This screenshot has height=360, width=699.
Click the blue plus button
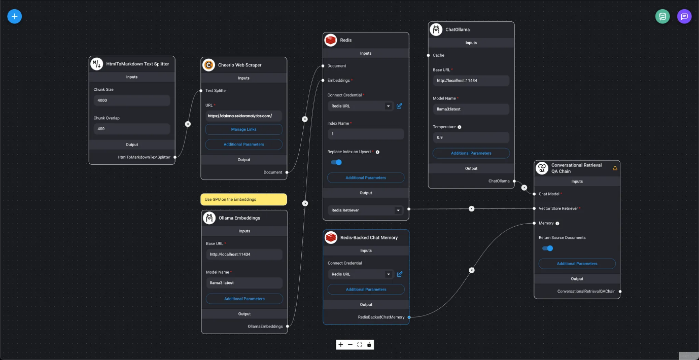(x=14, y=16)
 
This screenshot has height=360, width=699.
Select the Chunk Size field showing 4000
(x=131, y=100)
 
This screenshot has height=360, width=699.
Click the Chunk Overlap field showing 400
(x=131, y=129)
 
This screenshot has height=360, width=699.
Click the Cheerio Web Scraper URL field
(x=243, y=116)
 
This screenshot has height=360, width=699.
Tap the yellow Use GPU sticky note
(x=243, y=199)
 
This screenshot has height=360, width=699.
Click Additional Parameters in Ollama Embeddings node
(x=244, y=299)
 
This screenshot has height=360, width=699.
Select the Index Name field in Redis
(x=365, y=134)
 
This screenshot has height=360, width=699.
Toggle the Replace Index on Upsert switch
(x=336, y=162)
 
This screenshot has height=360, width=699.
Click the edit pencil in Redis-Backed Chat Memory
(x=400, y=274)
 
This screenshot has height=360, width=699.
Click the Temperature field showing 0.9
(x=470, y=137)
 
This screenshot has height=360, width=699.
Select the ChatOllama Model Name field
(x=470, y=109)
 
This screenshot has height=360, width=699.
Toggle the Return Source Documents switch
(x=547, y=248)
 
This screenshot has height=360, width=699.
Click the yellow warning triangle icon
(x=615, y=168)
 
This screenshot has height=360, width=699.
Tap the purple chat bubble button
(x=684, y=16)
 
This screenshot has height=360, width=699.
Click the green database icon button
(x=662, y=16)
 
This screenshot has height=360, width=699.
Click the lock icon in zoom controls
(x=369, y=345)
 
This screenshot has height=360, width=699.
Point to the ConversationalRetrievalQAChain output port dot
(x=620, y=292)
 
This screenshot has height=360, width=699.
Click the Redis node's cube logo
(x=331, y=40)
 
